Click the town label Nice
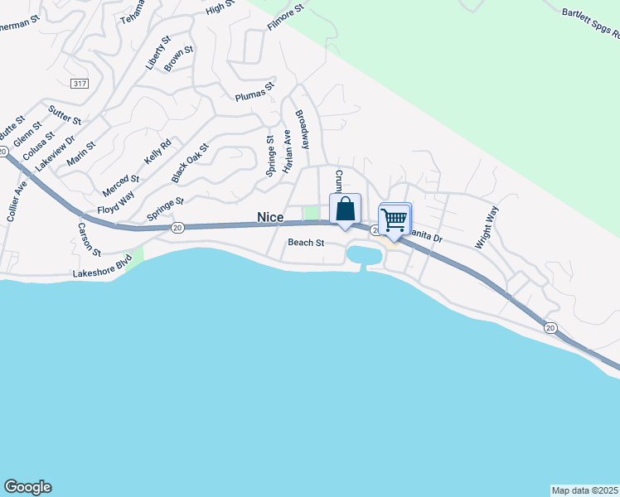tap(270, 217)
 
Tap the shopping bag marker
tap(345, 210)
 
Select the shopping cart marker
tap(395, 220)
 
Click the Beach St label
tap(305, 243)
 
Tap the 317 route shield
tap(80, 84)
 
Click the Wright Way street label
tap(487, 228)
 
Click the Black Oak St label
tap(190, 162)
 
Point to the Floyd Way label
tap(115, 204)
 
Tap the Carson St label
tap(90, 239)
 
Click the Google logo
tap(27, 487)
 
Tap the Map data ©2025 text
tap(584, 490)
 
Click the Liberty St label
tap(157, 52)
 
